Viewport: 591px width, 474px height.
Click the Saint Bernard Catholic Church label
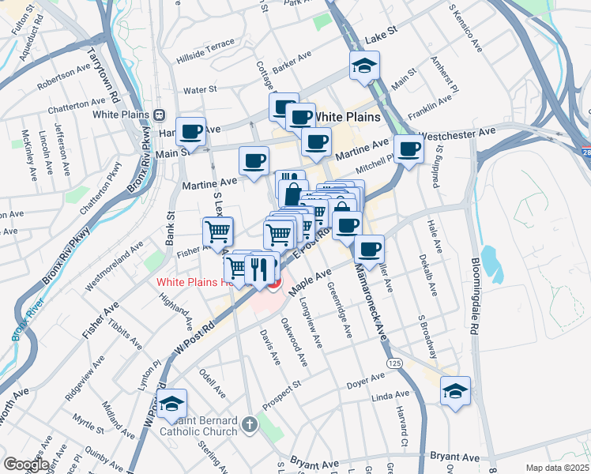pyautogui.click(x=198, y=426)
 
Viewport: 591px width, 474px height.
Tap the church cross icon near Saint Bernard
pyautogui.click(x=250, y=425)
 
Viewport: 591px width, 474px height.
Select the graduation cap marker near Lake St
pyautogui.click(x=365, y=66)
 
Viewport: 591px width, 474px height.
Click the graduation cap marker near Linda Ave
pyautogui.click(x=455, y=391)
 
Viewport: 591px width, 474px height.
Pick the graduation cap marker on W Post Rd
pyautogui.click(x=171, y=404)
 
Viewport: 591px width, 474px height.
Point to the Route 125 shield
pyautogui.click(x=393, y=361)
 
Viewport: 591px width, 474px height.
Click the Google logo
pyautogui.click(x=26, y=465)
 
